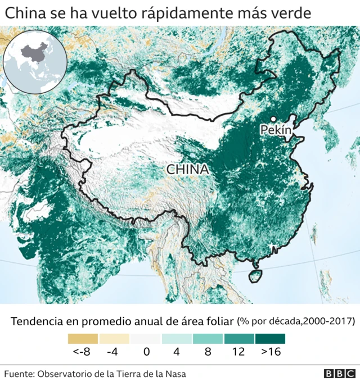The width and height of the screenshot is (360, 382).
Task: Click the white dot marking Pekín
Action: (x=273, y=119)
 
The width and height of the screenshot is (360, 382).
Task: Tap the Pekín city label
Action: (x=276, y=130)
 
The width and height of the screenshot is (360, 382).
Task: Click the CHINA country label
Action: (x=187, y=169)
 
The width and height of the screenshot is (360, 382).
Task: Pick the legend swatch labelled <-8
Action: (x=83, y=339)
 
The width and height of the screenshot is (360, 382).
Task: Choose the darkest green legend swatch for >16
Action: (x=270, y=339)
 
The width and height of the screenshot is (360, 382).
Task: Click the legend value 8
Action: (x=208, y=352)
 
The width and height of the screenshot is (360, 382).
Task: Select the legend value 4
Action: (x=177, y=352)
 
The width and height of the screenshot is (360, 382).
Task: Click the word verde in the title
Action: (x=289, y=12)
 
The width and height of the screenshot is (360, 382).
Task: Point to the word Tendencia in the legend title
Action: (x=37, y=321)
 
